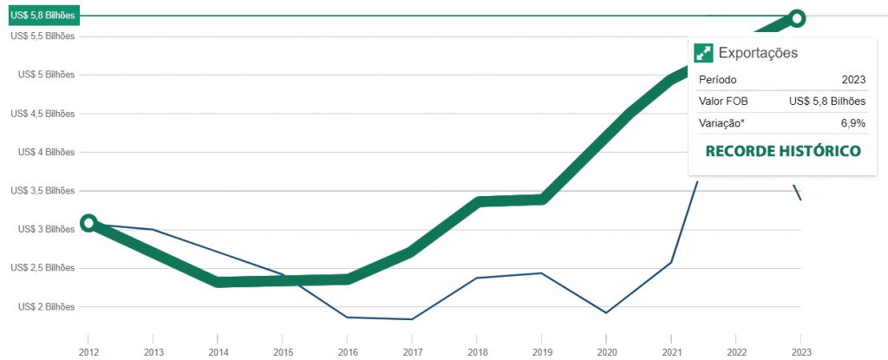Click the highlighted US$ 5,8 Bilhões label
[43, 16]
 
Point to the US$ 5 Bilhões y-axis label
[47, 75]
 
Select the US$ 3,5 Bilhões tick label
[42, 191]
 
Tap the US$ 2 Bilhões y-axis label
[47, 307]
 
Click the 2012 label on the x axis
[88, 352]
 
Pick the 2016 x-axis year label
[347, 352]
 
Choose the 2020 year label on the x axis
[606, 352]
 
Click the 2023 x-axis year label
[800, 352]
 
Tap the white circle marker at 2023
[797, 18]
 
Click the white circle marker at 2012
[88, 223]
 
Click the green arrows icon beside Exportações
[703, 53]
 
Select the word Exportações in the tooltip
[758, 53]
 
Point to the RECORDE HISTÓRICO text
[783, 151]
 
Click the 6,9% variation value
[853, 123]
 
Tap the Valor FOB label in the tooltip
[723, 101]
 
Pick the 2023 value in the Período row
[853, 80]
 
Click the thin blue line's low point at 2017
[412, 319]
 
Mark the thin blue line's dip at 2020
[606, 313]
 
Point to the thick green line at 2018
[477, 202]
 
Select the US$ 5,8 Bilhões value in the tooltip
[827, 101]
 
